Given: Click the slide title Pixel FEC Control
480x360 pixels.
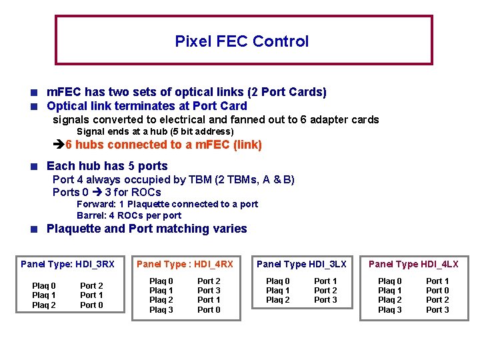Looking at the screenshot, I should pos(241,41).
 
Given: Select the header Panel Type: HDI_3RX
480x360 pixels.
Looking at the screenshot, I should pos(68,264).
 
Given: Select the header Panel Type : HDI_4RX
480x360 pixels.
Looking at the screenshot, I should pos(185,264).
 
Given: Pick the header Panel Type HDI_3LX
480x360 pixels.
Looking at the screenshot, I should pos(301,264).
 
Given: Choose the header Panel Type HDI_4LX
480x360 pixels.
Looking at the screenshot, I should pos(413,264).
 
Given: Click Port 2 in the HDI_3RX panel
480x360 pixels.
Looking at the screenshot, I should pos(91,286).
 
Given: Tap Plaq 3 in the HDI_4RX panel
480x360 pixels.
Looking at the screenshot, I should pos(161,309).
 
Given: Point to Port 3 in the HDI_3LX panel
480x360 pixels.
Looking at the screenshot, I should pos(325,300).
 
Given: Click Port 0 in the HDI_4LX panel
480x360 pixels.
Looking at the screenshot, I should pos(437,291).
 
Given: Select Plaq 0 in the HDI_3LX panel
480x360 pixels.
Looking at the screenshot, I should pos(278,281).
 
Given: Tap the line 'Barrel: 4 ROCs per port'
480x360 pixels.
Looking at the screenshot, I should pos(129,215).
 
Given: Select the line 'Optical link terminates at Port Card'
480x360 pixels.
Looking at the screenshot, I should pos(147,106).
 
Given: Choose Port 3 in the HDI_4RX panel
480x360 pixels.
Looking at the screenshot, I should pos(209,291).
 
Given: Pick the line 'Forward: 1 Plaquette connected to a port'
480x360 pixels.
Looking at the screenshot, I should pos(167,204).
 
